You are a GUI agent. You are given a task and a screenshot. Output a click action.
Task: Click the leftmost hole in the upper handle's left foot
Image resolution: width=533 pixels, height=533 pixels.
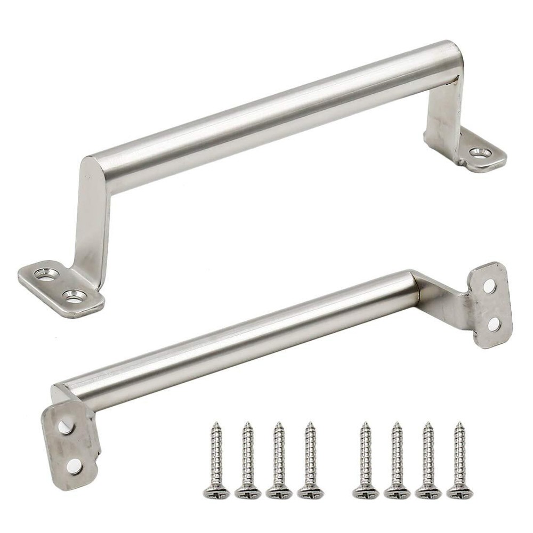pyautogui.click(x=46, y=274)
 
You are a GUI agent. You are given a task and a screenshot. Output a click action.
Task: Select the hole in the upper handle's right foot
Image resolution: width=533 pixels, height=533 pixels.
pyautogui.click(x=480, y=153)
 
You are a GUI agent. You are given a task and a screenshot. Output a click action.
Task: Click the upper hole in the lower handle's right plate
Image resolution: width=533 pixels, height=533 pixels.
pyautogui.click(x=489, y=286)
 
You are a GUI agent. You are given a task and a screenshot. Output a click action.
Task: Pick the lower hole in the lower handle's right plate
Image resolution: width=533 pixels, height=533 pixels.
pyautogui.click(x=494, y=324)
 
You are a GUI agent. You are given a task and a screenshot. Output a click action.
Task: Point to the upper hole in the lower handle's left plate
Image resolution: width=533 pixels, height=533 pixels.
pyautogui.click(x=66, y=426)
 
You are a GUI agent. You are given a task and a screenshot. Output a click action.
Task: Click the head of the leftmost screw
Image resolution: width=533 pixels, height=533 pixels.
pyautogui.click(x=216, y=491)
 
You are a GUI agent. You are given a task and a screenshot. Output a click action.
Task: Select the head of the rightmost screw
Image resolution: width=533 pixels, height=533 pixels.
pyautogui.click(x=459, y=491)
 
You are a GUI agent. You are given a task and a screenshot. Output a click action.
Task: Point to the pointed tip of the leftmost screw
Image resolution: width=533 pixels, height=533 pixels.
pyautogui.click(x=216, y=424)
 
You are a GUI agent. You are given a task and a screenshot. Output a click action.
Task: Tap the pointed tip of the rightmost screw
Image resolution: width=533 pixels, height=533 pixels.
pyautogui.click(x=459, y=424)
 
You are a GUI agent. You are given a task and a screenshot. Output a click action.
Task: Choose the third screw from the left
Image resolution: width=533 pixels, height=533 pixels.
pyautogui.click(x=279, y=458)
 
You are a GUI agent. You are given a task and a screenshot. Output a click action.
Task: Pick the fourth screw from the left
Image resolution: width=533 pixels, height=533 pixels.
pyautogui.click(x=310, y=458)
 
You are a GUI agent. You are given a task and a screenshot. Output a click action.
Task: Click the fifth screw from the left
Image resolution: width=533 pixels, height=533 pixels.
pyautogui.click(x=366, y=458)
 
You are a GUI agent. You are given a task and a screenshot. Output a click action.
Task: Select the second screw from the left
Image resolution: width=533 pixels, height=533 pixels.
pyautogui.click(x=248, y=458)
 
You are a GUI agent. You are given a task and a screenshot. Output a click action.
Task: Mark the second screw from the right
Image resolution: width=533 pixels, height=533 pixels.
pyautogui.click(x=428, y=458)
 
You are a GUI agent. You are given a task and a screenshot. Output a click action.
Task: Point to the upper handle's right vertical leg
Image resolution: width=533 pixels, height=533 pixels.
pyautogui.click(x=444, y=115)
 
